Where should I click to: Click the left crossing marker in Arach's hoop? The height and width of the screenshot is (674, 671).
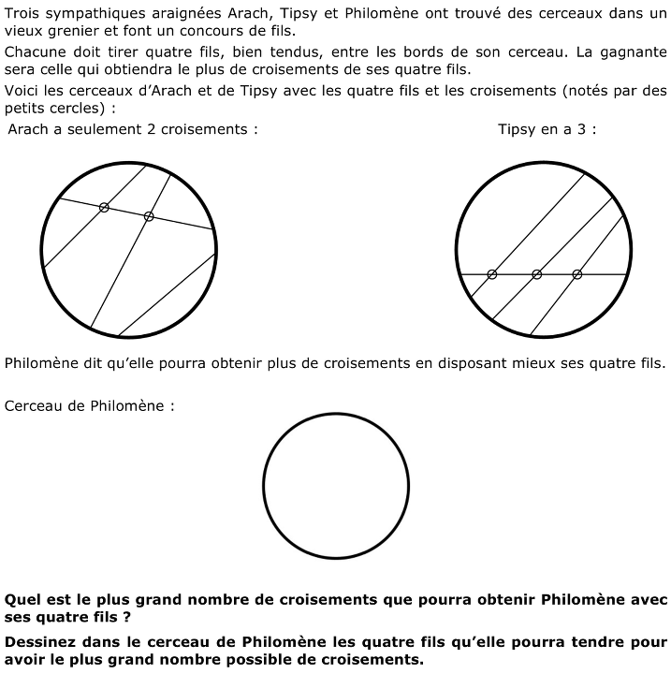(104, 207)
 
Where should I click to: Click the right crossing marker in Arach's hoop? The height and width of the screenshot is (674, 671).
(149, 216)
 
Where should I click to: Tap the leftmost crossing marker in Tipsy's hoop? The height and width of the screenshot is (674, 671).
(492, 273)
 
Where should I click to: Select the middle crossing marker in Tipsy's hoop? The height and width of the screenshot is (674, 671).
(536, 273)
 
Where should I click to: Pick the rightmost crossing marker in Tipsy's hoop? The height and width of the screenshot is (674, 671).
(576, 273)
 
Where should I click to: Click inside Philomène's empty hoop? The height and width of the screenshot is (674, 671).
(336, 486)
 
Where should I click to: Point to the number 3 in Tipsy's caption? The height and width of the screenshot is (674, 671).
(582, 129)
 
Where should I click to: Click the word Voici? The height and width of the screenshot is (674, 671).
(22, 91)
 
